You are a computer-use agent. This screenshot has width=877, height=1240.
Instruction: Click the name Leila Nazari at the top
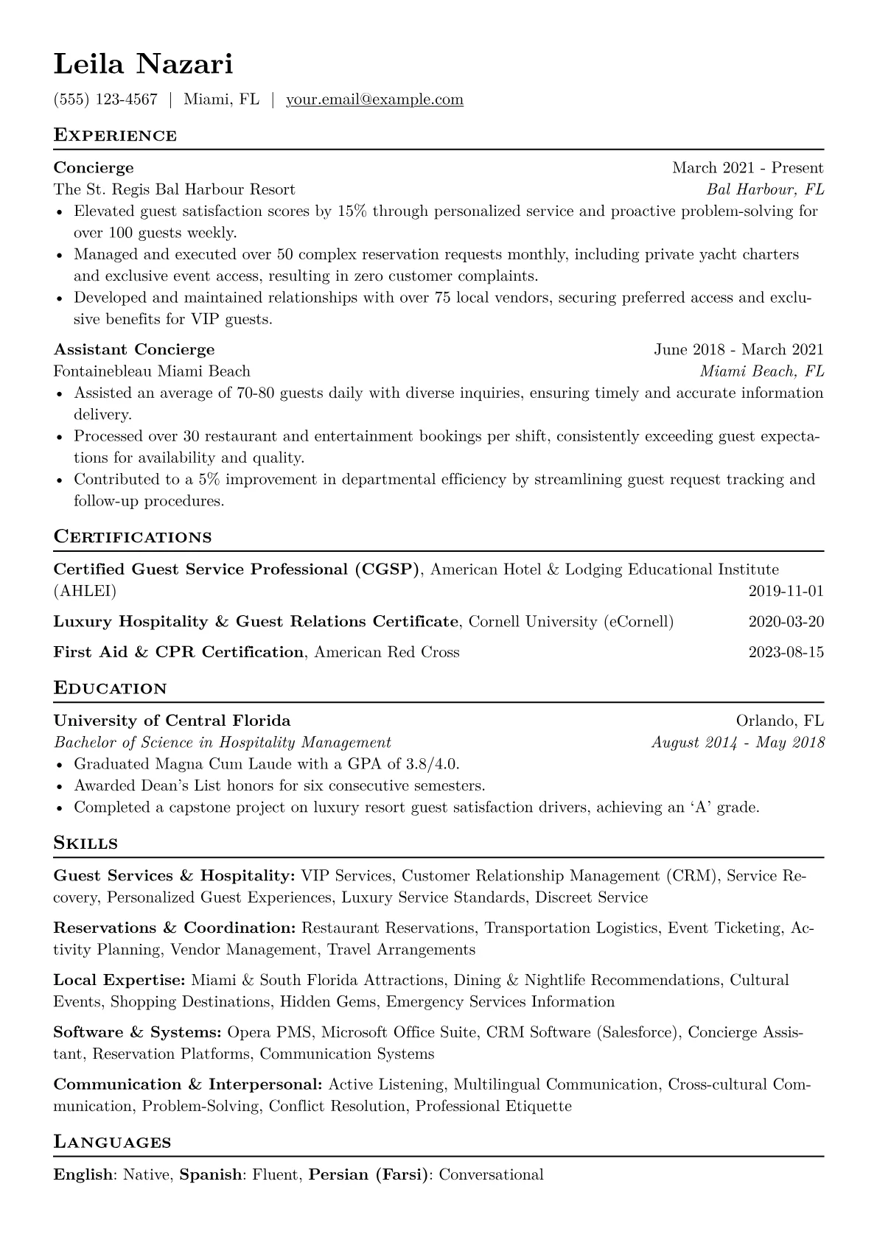coord(143,65)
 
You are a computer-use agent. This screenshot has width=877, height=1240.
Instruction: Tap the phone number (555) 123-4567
coord(105,99)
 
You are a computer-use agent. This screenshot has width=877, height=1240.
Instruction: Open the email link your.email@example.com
coord(374,99)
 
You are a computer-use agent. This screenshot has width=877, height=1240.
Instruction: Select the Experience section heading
coord(115,136)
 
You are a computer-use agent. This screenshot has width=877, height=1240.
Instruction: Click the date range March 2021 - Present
coord(747,168)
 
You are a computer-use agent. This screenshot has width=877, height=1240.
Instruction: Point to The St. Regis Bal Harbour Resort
coord(174,189)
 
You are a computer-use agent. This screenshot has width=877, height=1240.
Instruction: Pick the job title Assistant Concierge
coord(134,349)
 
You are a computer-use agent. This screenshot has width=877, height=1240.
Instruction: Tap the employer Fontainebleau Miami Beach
coord(152,371)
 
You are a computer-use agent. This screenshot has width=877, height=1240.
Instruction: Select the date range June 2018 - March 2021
coord(738,349)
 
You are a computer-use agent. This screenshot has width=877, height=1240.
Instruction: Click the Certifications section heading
coord(133,537)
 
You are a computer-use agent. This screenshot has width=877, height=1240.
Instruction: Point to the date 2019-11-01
coord(786,591)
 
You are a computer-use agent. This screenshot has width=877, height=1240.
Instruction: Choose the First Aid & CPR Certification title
coord(178,652)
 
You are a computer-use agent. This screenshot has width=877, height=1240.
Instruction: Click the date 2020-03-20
coord(786,622)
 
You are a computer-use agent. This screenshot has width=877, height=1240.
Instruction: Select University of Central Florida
coord(172,721)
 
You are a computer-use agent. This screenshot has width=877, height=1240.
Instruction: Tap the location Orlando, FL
coord(780,721)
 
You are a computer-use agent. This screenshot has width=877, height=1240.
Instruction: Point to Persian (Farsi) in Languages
coord(368,1174)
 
